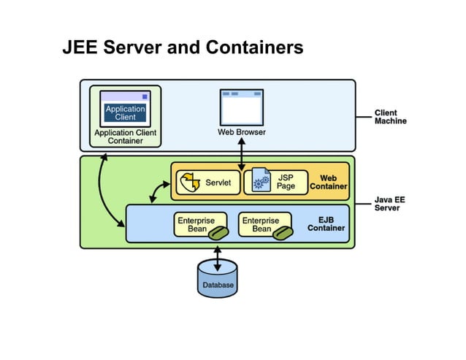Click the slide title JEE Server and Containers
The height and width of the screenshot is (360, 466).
coord(182,48)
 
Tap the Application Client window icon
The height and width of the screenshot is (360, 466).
coord(125,109)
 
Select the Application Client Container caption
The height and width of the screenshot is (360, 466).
coord(125,137)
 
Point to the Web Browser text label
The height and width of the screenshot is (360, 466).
coord(241,132)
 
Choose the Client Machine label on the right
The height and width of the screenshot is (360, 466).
coord(390,117)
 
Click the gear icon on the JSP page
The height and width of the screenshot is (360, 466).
coord(260,183)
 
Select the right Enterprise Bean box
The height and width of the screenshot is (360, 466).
coord(266,225)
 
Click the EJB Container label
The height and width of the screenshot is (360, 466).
coord(326,223)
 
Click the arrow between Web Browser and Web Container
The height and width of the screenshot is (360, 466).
coord(241,154)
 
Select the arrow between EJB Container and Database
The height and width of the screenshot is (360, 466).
coord(217,256)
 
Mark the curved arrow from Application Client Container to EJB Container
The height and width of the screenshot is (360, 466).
coord(110,194)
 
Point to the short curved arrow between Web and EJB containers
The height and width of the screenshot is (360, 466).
coord(158,191)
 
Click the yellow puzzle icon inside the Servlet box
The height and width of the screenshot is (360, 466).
coord(190,182)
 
